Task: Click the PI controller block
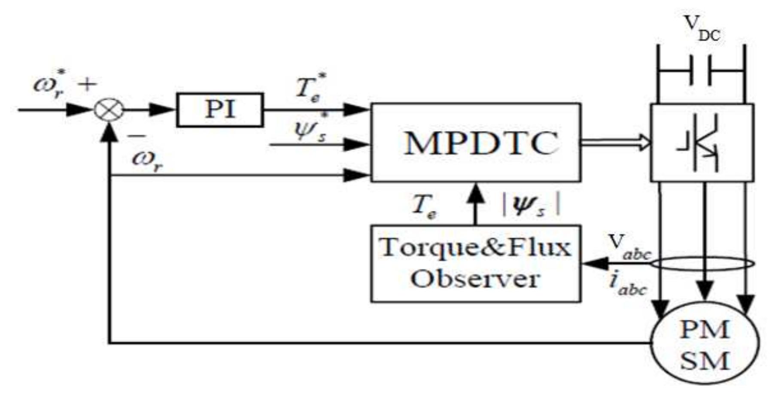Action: click(220, 110)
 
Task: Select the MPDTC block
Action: click(476, 143)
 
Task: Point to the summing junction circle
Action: click(109, 110)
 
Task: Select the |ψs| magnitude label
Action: click(532, 204)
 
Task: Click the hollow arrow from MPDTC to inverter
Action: click(616, 143)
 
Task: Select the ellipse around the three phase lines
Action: click(702, 264)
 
